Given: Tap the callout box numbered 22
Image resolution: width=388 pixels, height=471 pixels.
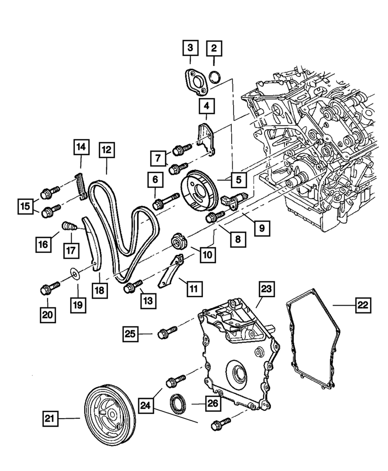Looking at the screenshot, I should click(362, 305).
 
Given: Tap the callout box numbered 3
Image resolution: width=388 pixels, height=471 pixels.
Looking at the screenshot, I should click(190, 48).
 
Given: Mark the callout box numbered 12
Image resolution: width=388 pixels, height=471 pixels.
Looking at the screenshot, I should click(106, 150).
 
